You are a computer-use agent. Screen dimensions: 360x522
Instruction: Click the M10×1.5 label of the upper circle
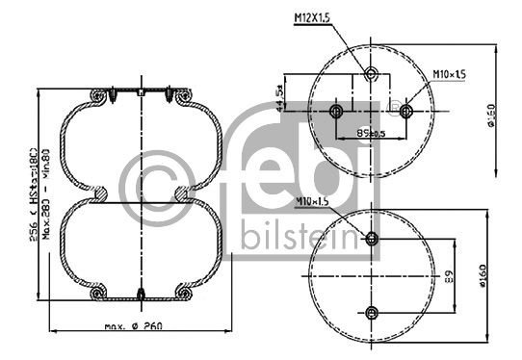tap(449, 74)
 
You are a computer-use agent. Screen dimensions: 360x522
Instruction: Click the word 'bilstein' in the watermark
tap(298, 238)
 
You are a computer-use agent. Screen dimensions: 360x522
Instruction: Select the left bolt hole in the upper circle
tap(336, 113)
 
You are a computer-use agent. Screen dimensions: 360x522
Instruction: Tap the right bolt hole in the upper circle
tap(406, 112)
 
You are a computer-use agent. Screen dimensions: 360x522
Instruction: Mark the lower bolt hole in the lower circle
tap(372, 310)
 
